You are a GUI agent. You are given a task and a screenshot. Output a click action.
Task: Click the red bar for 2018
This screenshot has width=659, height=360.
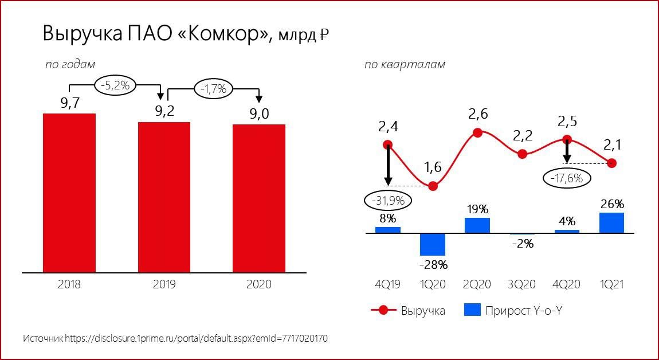[x=69, y=193]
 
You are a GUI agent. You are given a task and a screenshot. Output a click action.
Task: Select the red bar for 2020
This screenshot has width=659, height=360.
[x=259, y=198]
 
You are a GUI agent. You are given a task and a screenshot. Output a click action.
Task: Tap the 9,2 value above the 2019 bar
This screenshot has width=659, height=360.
[x=164, y=111]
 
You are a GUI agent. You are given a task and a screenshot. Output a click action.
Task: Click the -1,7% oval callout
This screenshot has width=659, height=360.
[x=213, y=89]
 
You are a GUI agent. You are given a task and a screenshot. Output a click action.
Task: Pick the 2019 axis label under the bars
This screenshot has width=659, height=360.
[x=164, y=284]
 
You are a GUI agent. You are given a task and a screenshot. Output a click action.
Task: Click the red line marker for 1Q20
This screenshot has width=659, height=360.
[x=433, y=186]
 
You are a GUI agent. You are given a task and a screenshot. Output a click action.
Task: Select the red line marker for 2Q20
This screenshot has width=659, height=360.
[x=477, y=133]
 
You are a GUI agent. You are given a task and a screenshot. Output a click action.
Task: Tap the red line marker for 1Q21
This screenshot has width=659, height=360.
[x=612, y=163]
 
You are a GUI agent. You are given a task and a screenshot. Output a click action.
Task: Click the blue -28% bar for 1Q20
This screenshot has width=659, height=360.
[x=433, y=244]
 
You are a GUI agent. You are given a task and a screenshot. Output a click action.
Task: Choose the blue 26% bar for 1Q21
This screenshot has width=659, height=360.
[x=611, y=222]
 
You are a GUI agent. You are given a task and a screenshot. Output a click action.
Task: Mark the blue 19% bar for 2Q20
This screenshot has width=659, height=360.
[x=477, y=225]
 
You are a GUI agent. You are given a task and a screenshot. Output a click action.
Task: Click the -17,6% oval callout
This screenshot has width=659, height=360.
[x=567, y=178]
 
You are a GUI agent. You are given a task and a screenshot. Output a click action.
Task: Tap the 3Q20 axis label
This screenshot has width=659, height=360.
[x=522, y=284]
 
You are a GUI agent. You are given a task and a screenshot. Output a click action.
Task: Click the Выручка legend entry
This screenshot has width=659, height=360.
[x=408, y=311]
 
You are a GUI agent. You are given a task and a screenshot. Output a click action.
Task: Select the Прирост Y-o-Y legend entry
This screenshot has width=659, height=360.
[x=513, y=311]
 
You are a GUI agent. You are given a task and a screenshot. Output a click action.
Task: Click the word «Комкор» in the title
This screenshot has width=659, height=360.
[x=223, y=34]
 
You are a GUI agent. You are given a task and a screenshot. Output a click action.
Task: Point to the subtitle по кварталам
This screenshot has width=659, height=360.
[x=405, y=65]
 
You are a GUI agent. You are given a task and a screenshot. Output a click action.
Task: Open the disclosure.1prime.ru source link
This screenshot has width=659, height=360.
[x=197, y=339]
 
